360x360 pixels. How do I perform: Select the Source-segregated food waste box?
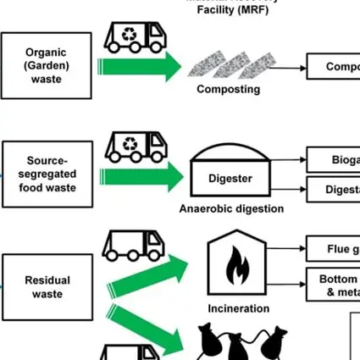[x=47, y=174]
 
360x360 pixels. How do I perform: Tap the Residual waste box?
[x=47, y=286]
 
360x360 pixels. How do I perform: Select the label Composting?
[x=229, y=90]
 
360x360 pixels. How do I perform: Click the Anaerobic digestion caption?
[x=231, y=208]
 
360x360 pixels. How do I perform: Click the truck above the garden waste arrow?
[x=135, y=38]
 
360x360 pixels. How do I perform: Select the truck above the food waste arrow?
[x=136, y=145]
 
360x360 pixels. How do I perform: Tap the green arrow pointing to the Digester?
[x=141, y=176]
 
